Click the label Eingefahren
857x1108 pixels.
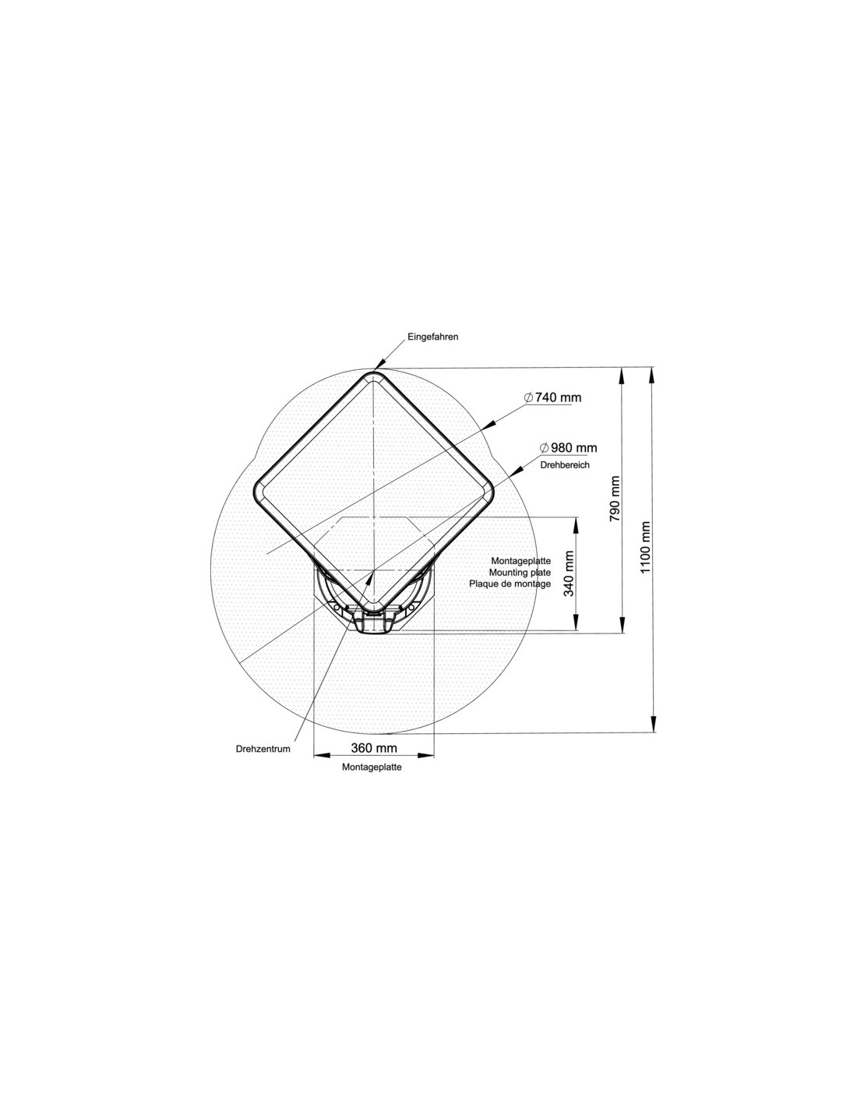click(432, 337)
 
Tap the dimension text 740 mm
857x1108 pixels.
click(559, 397)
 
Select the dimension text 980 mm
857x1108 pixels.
click(573, 448)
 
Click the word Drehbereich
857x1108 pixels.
click(565, 464)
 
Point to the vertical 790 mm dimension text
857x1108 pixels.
click(615, 499)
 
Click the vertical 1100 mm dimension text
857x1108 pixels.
click(645, 547)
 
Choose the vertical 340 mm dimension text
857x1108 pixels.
click(569, 573)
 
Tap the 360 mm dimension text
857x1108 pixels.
click(374, 748)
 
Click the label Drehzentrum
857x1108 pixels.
click(263, 749)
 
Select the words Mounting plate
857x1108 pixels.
click(520, 573)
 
